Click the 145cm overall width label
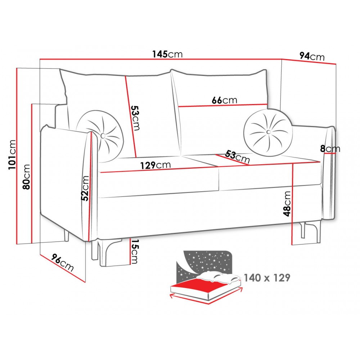(x=167, y=54)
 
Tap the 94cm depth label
(x=312, y=56)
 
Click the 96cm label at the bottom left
(x=62, y=262)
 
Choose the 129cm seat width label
(x=156, y=165)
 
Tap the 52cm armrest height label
(x=85, y=188)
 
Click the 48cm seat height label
(x=287, y=204)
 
